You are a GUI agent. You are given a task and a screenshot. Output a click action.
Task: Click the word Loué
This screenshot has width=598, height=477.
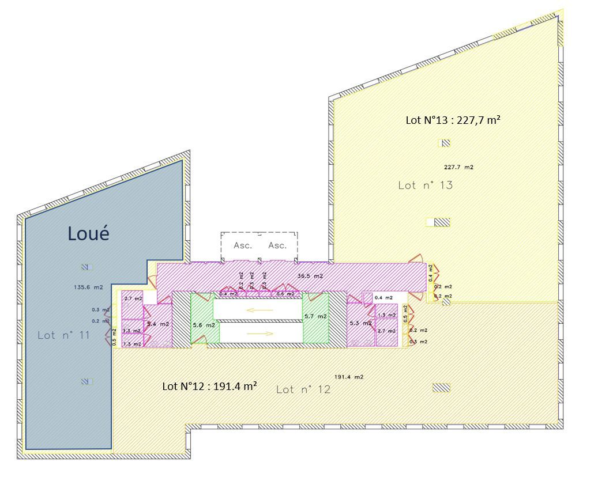(88, 233)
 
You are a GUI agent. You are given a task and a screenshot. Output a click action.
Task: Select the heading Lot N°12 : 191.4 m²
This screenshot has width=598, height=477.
(209, 386)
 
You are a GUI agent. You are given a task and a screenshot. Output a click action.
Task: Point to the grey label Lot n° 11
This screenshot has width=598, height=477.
(63, 335)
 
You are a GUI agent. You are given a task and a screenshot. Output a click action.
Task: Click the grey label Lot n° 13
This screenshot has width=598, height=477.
(426, 185)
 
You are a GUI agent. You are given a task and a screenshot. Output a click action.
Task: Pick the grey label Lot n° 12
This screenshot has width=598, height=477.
(303, 389)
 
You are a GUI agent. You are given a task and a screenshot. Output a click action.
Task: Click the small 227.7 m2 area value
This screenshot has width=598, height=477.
(458, 167)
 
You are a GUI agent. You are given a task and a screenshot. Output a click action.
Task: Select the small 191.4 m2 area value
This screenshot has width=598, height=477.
(349, 377)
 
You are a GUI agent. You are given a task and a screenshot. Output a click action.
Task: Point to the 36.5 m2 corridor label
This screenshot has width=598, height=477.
(310, 275)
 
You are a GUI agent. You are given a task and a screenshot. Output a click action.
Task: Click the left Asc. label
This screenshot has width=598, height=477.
(243, 245)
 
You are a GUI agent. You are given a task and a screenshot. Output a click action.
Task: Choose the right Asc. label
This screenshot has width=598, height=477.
(277, 245)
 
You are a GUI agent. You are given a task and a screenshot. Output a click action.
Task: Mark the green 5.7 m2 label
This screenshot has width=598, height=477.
(315, 316)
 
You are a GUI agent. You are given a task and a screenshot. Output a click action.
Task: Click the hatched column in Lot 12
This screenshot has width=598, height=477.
(441, 388)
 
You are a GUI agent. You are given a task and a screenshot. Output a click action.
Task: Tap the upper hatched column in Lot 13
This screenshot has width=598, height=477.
(445, 143)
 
